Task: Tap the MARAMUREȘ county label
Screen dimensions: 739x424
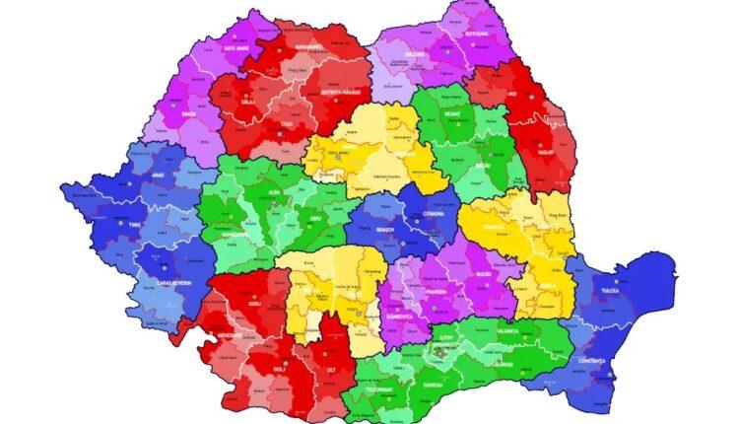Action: click(308, 45)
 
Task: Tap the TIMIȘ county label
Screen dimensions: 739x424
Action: click(134, 225)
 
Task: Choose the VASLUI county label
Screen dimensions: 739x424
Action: click(547, 152)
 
